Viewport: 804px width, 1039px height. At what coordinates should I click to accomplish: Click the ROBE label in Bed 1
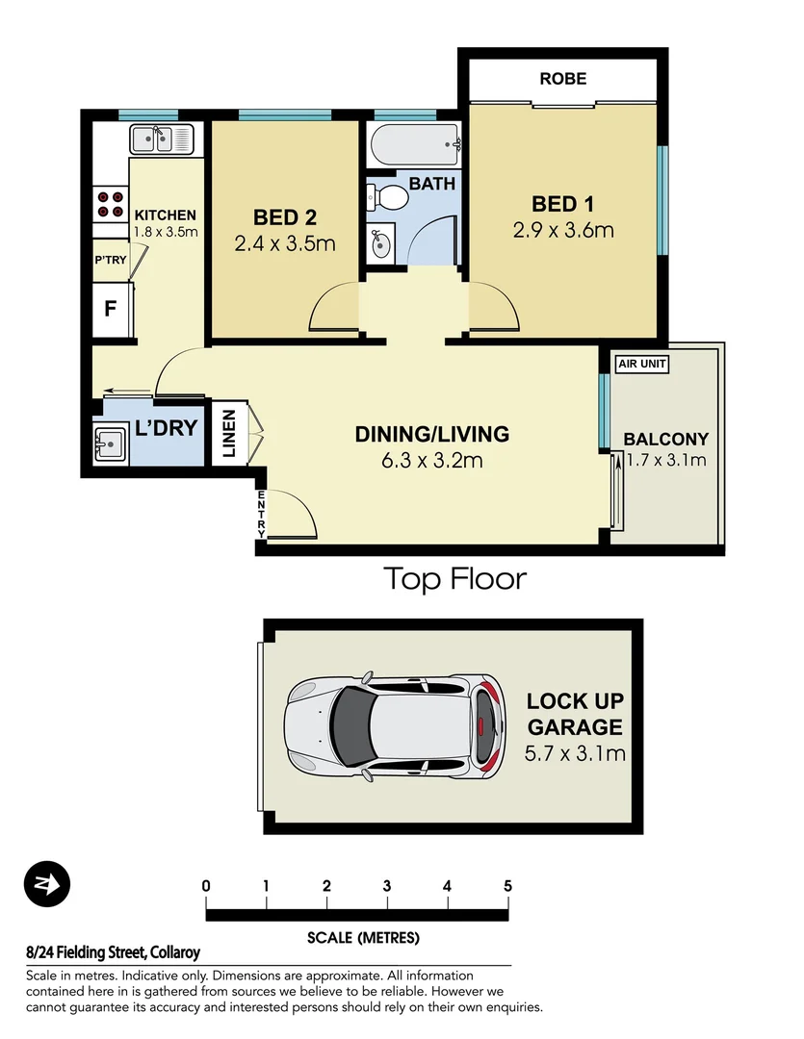click(x=563, y=79)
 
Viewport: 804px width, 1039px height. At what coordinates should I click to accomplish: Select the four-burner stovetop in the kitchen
click(x=111, y=204)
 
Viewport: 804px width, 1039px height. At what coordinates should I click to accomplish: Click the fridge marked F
click(x=111, y=310)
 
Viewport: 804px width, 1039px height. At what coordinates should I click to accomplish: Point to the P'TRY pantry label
click(x=111, y=260)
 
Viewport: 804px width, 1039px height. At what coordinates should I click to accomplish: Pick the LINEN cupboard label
click(x=228, y=435)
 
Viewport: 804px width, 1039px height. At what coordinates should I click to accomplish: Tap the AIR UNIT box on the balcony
click(x=642, y=364)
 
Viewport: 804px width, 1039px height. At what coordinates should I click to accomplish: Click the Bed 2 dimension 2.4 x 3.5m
click(x=285, y=244)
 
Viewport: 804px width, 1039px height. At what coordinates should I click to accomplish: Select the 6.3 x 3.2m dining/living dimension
click(x=432, y=461)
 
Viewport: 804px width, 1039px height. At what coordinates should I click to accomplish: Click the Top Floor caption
click(x=455, y=579)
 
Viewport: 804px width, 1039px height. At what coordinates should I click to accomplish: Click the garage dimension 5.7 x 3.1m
click(x=575, y=752)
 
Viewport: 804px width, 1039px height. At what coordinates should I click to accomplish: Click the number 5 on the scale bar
click(x=507, y=886)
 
